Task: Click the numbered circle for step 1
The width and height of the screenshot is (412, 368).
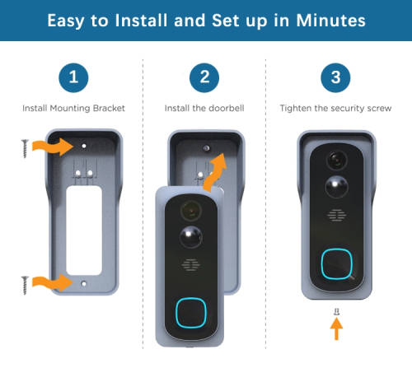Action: tap(73, 77)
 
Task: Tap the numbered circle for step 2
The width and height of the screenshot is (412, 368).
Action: tap(204, 77)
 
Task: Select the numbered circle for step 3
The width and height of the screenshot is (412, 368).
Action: tap(335, 77)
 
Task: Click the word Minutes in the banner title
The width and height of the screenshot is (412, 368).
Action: tap(330, 21)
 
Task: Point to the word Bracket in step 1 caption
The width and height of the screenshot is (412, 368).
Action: tap(109, 108)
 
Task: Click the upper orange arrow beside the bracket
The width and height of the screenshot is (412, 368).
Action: tap(53, 147)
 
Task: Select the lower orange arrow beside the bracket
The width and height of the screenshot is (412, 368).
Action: tap(53, 282)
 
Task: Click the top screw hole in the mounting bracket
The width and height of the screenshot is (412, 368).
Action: tap(84, 146)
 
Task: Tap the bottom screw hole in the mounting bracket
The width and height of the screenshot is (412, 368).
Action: tap(84, 284)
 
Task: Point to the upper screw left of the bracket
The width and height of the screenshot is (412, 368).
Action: tap(25, 148)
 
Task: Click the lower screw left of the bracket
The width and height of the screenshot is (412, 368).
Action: tap(25, 286)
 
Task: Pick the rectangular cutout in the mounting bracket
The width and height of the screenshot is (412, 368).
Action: tap(84, 231)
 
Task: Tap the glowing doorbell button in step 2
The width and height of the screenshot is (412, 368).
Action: tap(191, 313)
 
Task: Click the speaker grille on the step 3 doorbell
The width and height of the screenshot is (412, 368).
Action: tap(336, 215)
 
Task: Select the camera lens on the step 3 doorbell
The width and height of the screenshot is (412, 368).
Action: tap(337, 160)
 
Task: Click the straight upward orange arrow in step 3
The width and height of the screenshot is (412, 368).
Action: tap(336, 328)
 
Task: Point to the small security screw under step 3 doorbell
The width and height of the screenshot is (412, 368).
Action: tap(337, 311)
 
